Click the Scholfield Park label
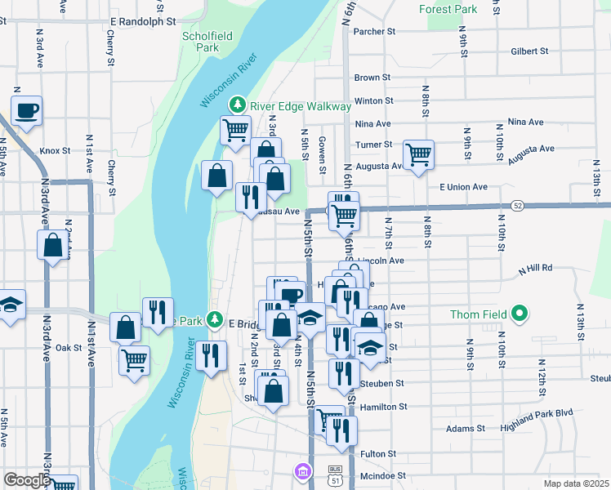point(201,41)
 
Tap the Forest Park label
point(447,9)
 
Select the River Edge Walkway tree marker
point(237,105)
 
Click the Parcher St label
point(374,31)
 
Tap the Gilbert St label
point(528,51)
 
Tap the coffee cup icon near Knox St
point(26,110)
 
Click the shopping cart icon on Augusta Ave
point(418,154)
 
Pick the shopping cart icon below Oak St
point(134,359)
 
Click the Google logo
point(27,480)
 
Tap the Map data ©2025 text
point(577,483)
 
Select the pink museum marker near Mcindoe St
point(303,471)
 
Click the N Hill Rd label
point(535,268)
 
